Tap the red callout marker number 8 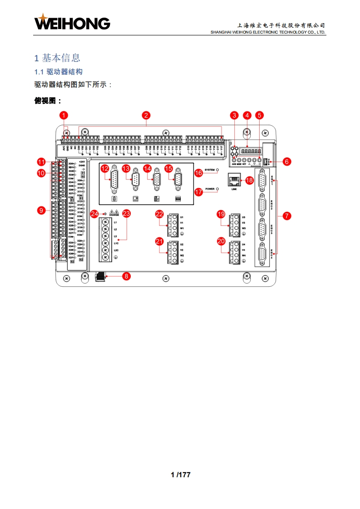tap(126, 275)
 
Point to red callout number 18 tap(249, 180)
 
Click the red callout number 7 tap(286, 216)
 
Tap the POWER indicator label tap(209, 188)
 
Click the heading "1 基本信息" tap(57, 58)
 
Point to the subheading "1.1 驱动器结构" tap(59, 72)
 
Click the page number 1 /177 tap(180, 475)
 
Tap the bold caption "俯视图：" tap(48, 101)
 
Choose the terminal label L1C tap(116, 244)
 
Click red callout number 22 tap(159, 214)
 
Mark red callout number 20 tap(221, 241)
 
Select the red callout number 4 tap(247, 115)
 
